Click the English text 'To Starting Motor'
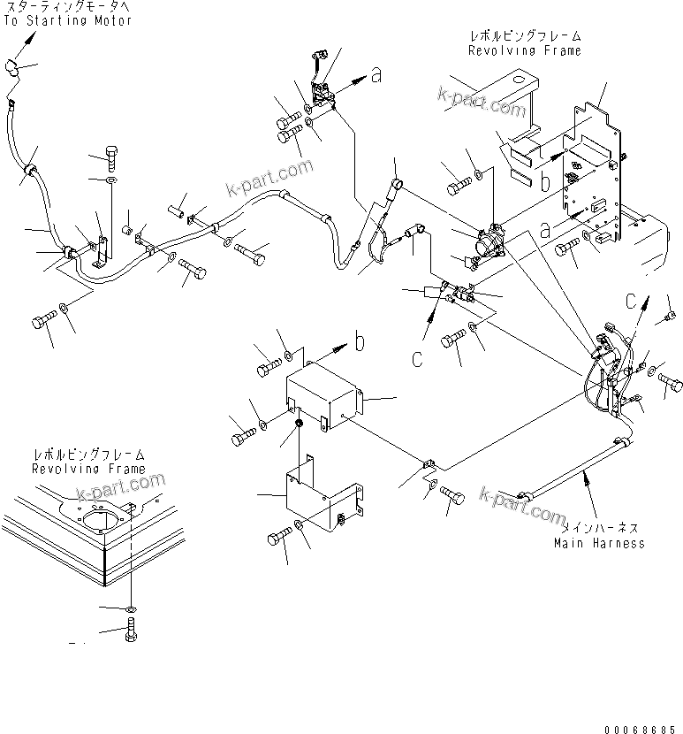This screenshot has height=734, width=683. [68, 20]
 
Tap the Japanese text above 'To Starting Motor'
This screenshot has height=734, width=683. [68, 7]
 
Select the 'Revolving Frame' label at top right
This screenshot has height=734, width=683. [524, 50]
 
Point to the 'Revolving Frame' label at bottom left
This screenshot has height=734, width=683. [88, 468]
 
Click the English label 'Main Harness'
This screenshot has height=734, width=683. [598, 542]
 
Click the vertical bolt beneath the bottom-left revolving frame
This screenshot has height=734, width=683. [132, 631]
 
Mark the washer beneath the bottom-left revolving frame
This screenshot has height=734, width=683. [132, 609]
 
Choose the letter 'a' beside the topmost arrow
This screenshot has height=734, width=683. [376, 77]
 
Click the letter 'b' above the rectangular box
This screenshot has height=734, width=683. [360, 339]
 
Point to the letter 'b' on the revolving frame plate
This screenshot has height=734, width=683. [546, 183]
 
